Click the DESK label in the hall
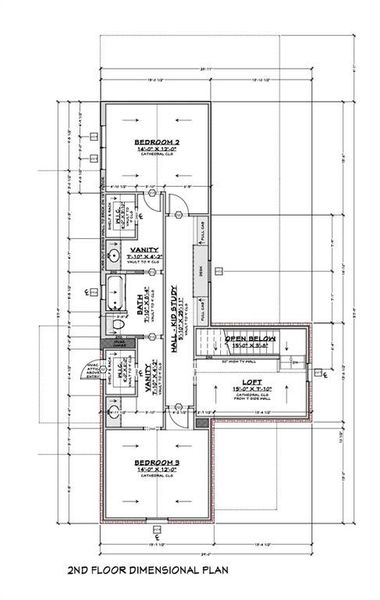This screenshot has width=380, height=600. coord(201,268)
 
